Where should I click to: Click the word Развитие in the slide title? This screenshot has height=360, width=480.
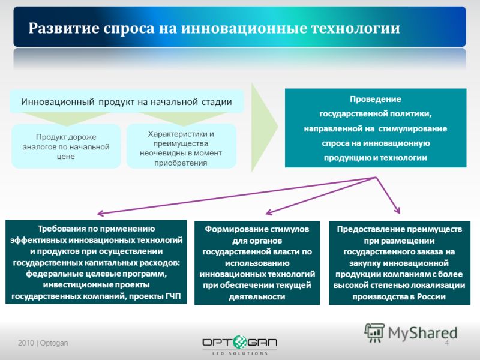64,28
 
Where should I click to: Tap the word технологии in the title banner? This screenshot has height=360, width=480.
355,28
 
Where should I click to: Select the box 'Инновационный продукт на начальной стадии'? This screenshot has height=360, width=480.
127,101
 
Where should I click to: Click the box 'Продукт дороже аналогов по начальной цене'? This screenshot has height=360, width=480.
66,146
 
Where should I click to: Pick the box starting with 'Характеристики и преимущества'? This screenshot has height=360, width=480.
181,146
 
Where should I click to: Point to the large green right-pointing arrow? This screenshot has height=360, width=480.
265,127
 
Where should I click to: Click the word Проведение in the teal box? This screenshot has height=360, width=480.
376,99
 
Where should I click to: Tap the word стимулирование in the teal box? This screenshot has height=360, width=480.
413,128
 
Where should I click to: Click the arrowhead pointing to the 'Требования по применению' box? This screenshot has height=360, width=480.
100,214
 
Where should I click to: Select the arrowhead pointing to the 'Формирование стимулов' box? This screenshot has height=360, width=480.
269,212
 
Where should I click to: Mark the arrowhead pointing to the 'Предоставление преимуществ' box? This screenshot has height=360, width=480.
397,211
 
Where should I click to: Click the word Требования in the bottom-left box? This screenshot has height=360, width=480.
61,229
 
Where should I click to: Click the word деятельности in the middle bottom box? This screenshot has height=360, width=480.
257,296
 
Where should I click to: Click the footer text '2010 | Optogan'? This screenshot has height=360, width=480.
43,343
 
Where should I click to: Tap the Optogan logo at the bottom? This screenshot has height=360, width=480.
239,345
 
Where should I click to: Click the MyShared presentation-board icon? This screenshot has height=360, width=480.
374,333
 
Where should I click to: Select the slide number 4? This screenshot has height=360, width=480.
446,343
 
